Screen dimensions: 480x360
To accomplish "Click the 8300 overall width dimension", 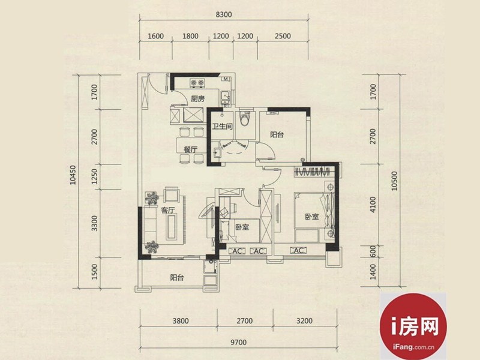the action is click(x=223, y=14).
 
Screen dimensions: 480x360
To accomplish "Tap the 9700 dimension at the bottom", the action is click(x=238, y=342).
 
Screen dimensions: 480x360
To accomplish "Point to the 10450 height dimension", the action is click(x=73, y=175).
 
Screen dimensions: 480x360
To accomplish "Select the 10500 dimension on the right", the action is click(x=394, y=181).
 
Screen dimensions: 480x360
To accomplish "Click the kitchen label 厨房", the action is click(x=198, y=98).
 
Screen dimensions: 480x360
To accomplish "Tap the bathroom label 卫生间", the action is click(x=222, y=126).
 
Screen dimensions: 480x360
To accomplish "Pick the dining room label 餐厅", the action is click(x=190, y=149).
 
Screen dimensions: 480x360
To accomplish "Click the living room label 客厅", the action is click(x=168, y=211).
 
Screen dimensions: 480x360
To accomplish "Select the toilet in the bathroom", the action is click(x=245, y=118).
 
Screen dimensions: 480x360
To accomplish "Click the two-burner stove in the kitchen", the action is click(x=197, y=83).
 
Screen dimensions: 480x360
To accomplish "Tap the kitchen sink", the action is click(x=226, y=97).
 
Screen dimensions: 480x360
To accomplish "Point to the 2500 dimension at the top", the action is click(x=283, y=36).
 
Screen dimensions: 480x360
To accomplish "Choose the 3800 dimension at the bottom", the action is click(x=181, y=321).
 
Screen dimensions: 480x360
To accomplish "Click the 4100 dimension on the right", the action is click(x=373, y=205).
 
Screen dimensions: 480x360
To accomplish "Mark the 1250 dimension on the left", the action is click(x=94, y=176).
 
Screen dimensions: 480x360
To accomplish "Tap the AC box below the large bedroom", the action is click(x=298, y=250).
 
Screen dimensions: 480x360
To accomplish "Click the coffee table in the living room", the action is click(x=171, y=227).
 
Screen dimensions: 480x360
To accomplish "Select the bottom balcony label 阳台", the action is click(x=177, y=278).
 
